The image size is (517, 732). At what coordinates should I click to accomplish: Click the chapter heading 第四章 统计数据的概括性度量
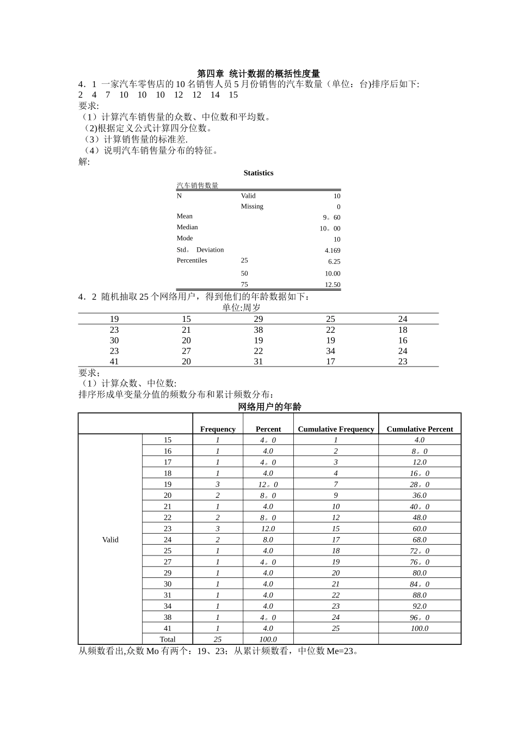tap(258, 74)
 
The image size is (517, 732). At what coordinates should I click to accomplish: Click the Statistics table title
tap(258, 173)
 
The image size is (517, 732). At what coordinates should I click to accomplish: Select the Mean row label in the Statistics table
tap(184, 216)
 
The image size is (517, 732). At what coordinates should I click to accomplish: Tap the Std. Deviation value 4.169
tap(332, 251)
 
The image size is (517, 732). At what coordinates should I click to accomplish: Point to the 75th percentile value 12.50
tap(332, 285)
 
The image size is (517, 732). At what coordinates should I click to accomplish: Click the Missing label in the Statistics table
tap(252, 206)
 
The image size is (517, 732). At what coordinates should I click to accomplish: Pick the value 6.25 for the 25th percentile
tap(334, 261)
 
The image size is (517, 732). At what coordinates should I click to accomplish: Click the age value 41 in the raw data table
tap(114, 362)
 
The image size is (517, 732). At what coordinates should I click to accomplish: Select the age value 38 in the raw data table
tap(258, 330)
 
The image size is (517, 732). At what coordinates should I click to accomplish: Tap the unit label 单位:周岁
tap(241, 308)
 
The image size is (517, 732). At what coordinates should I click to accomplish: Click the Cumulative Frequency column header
tap(336, 429)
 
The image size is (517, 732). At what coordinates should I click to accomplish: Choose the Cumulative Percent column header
tap(420, 429)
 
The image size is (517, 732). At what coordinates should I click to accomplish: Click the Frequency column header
tap(218, 429)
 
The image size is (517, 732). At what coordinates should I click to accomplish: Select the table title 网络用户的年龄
tap(269, 407)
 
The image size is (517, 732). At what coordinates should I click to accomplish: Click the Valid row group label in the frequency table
tap(110, 540)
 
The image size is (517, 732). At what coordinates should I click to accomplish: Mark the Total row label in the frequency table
tap(168, 639)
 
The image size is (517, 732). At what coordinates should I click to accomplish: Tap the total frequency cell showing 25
tap(218, 639)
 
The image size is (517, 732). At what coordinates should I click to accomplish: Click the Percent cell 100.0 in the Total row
tap(268, 639)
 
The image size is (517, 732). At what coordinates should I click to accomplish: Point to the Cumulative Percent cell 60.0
tap(420, 529)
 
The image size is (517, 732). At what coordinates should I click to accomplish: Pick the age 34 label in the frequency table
tap(168, 606)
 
